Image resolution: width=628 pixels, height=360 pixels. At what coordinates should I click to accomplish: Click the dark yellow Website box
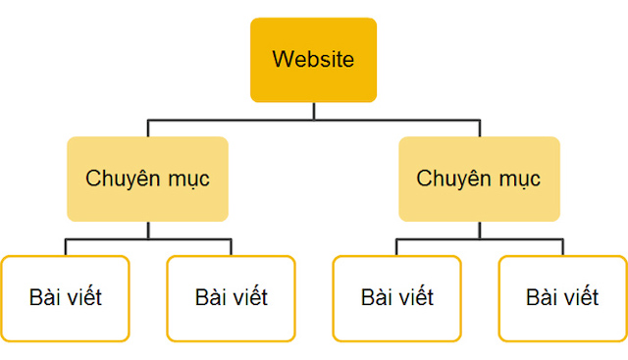313,59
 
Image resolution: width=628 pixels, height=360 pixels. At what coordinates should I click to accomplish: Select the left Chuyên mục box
147,179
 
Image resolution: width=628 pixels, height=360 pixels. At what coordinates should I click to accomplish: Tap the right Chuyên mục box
479,179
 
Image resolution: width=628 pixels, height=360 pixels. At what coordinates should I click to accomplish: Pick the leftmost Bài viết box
65,298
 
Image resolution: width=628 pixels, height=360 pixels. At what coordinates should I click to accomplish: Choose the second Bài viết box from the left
231,298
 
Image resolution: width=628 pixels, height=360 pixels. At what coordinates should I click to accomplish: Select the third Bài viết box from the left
396,298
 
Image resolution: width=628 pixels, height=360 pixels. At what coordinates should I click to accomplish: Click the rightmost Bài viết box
562,298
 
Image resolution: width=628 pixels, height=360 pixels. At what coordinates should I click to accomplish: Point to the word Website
313,59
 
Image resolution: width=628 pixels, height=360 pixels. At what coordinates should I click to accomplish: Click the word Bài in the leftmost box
42,297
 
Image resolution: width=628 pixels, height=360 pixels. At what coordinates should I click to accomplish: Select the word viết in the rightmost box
580,297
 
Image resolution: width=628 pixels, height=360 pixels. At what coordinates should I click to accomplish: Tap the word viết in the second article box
248,297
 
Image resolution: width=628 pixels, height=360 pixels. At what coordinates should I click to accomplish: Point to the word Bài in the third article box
374,297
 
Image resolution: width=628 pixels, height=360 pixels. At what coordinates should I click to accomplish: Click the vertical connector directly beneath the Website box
313,111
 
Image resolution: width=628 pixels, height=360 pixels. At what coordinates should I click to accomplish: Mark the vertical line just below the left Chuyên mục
147,230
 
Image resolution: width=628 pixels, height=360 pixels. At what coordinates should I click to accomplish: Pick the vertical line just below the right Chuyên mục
479,230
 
